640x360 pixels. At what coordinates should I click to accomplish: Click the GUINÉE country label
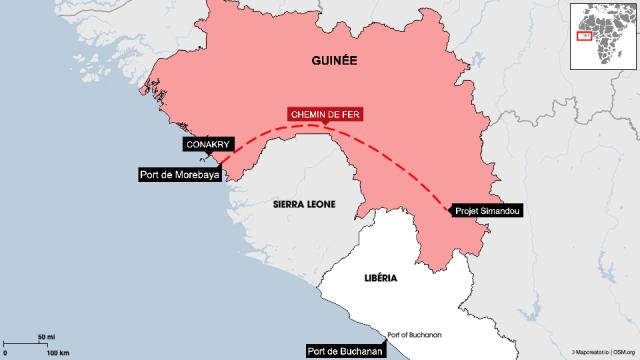[332, 61]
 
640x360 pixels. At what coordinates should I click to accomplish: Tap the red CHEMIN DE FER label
[325, 114]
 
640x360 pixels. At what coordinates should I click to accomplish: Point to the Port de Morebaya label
[181, 175]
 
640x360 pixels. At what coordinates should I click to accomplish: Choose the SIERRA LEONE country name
[303, 203]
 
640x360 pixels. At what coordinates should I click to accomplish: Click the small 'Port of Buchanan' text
[415, 335]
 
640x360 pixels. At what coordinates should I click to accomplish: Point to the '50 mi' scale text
[47, 336]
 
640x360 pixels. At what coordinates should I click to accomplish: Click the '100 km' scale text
[57, 354]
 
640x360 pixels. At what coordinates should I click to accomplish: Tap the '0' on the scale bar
[5, 354]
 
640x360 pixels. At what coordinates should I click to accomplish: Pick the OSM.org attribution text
[624, 353]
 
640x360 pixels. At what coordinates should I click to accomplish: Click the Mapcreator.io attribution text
[590, 353]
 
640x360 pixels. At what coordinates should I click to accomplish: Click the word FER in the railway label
[348, 114]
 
